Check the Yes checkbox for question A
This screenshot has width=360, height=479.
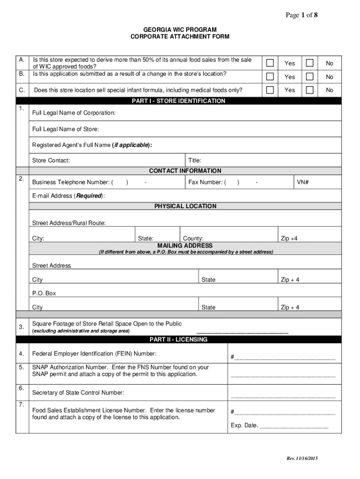pos(270,63)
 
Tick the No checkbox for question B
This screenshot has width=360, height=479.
pos(310,77)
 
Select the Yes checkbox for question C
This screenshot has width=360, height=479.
pos(270,90)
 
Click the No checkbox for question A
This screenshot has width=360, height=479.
pos(310,63)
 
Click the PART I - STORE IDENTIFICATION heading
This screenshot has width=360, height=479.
pos(185,101)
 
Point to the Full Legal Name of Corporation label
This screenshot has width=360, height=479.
pos(73,113)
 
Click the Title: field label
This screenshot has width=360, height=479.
pos(194,160)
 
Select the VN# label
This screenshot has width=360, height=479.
pos(302,182)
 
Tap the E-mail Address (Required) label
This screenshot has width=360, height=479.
pos(68,196)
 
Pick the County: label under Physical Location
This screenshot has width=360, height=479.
pos(193,239)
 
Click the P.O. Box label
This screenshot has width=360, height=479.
pos(44,293)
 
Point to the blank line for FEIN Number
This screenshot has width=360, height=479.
pos(285,359)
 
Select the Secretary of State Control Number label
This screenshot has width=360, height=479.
pos(78,392)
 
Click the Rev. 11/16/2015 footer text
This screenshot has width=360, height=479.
pos(302,458)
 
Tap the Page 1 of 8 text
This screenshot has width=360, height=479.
pos(302,15)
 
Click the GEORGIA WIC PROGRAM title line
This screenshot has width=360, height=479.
pos(180,29)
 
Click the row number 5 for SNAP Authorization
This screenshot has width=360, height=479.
pos(22,367)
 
